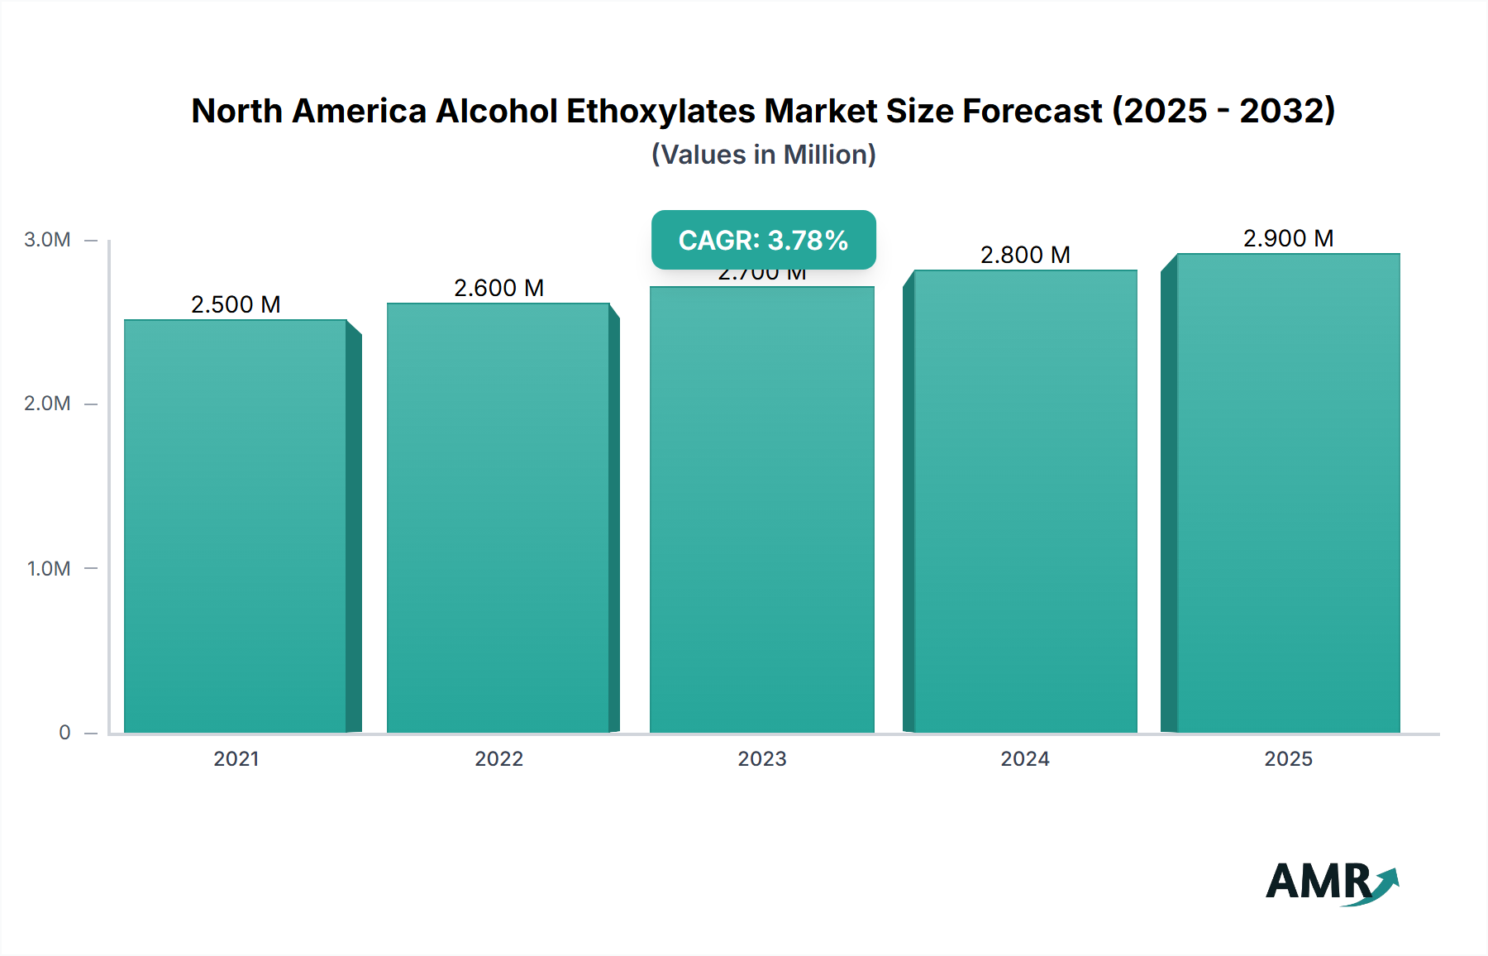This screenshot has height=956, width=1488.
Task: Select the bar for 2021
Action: [x=236, y=526]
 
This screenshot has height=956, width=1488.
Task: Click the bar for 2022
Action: [x=498, y=518]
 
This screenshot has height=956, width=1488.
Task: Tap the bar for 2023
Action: [x=762, y=509]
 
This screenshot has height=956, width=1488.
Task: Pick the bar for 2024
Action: [x=1025, y=501]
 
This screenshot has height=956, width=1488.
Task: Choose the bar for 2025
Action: [x=1288, y=493]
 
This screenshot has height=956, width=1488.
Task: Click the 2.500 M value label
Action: [x=236, y=304]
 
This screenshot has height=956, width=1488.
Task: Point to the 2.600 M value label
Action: [x=498, y=288]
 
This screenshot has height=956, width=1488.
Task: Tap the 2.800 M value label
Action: [x=1025, y=255]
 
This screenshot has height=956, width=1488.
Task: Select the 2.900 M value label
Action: [x=1288, y=238]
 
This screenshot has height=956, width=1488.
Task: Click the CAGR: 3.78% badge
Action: [x=763, y=240]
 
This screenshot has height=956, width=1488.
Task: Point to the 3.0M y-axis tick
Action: [x=47, y=240]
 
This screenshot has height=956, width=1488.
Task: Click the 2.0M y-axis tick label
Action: [x=47, y=404]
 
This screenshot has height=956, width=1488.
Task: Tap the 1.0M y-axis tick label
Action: [x=49, y=568]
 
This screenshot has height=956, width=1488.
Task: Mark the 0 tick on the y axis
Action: [x=64, y=732]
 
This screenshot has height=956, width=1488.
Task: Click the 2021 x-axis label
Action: [x=236, y=758]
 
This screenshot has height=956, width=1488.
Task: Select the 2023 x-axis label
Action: [x=762, y=758]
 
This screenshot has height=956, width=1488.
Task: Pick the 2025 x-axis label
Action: [x=1288, y=758]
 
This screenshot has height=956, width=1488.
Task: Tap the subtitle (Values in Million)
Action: [x=763, y=155]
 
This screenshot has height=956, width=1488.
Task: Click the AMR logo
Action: [x=1331, y=882]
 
